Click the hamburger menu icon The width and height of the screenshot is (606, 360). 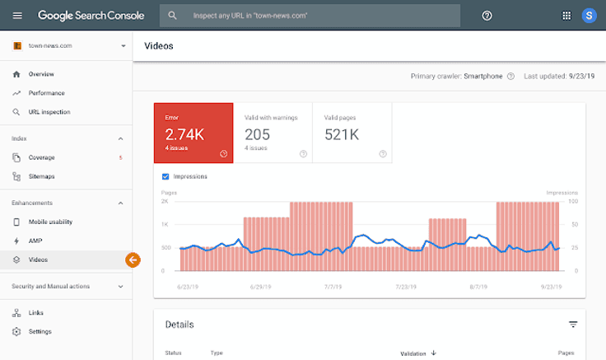[x=17, y=15]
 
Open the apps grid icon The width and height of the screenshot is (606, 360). [x=566, y=15]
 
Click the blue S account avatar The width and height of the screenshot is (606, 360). [x=589, y=15]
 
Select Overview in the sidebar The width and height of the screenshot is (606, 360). [x=41, y=74]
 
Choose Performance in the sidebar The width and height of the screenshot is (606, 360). [x=46, y=93]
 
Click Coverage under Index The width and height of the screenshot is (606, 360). [x=41, y=157]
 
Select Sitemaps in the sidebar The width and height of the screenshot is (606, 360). [x=41, y=176]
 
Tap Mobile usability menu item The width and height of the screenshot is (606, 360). [x=50, y=222]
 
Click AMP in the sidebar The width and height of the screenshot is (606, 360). [x=35, y=241]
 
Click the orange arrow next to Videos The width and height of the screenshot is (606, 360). [x=133, y=259]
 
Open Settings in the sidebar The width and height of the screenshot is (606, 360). [x=40, y=331]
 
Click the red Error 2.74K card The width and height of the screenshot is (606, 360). [x=193, y=133]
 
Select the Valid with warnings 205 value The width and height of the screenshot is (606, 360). [x=258, y=134]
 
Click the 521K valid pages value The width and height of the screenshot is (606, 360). [x=342, y=134]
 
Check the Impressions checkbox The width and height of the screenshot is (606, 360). [x=165, y=176]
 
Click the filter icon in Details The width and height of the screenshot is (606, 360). [x=573, y=325]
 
